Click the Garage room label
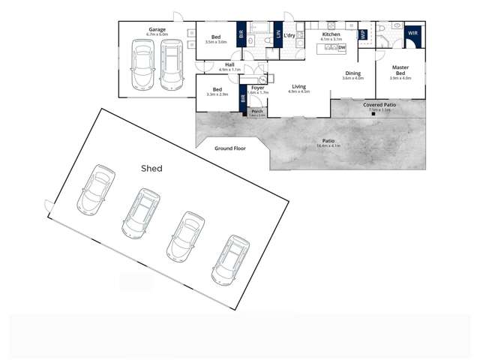coord(156,28)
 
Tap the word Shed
coord(151,169)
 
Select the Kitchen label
coord(331,35)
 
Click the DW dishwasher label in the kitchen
coord(342,48)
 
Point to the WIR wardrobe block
coord(413,33)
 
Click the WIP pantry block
coord(364,34)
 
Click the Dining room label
coord(352,73)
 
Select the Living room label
coord(298,87)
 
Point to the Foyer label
coord(258,88)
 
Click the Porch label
coord(257,111)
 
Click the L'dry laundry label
coord(289,35)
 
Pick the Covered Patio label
coord(379,105)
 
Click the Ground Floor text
coord(230,148)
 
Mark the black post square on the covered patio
coord(370,113)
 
